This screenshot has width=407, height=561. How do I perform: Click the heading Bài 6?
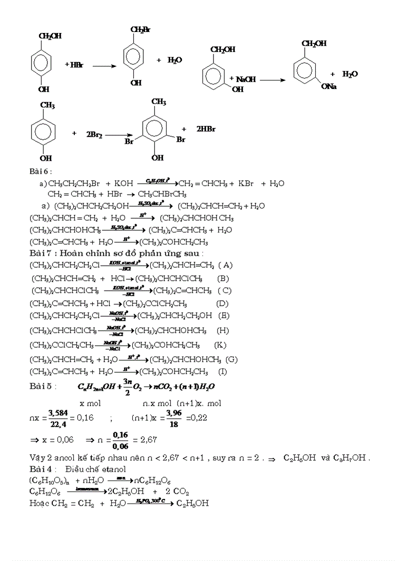[x=40, y=172]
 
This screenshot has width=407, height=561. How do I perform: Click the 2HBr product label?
[x=205, y=129]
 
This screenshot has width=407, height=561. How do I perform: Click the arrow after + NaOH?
[x=272, y=80]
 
